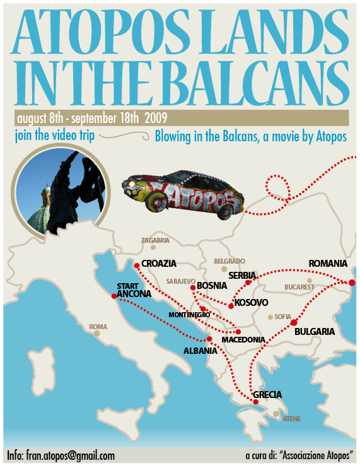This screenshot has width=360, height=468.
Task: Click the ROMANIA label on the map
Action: point(328,263)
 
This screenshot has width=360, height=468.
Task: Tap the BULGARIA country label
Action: point(314,331)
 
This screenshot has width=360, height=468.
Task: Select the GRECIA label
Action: point(267,395)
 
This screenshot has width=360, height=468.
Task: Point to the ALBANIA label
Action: point(200,351)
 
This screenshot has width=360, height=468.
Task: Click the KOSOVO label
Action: point(252,303)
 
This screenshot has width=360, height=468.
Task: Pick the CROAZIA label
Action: point(159,264)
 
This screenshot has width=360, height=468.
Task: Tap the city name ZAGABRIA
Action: point(156,240)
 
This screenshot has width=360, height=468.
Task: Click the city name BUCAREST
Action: point(299,287)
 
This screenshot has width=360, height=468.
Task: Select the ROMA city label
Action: point(98,327)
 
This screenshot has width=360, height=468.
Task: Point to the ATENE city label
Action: point(292,419)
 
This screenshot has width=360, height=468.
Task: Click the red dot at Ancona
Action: point(113,296)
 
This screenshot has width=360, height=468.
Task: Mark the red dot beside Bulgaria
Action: point(293,323)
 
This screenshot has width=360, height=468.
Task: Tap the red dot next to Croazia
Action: point(137,265)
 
